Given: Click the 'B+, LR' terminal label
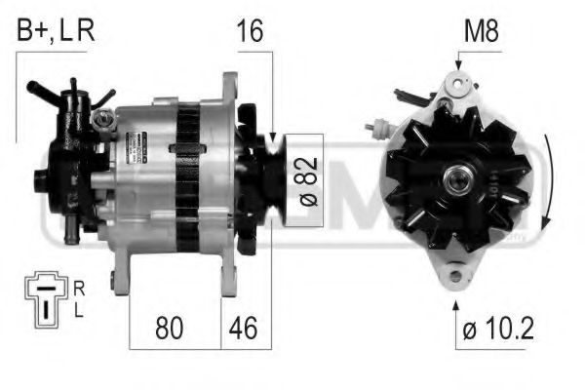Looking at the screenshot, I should (55, 31).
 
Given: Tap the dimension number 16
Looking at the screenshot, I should (250, 31).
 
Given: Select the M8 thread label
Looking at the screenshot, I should (480, 31).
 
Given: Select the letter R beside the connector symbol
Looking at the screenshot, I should (79, 289).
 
